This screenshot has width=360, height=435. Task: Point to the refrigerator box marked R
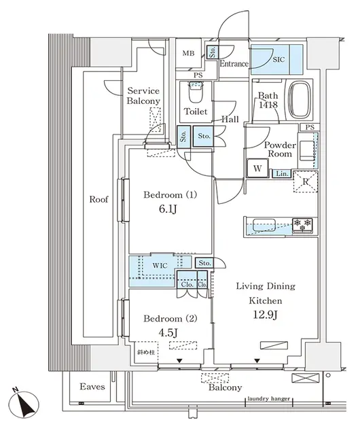306,180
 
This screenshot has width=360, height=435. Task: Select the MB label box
188,53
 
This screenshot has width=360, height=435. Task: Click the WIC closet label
160,266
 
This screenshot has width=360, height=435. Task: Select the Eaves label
91,387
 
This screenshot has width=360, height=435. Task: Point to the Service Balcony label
143,96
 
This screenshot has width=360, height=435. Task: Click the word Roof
99,200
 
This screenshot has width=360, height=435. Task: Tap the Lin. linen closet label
281,174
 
